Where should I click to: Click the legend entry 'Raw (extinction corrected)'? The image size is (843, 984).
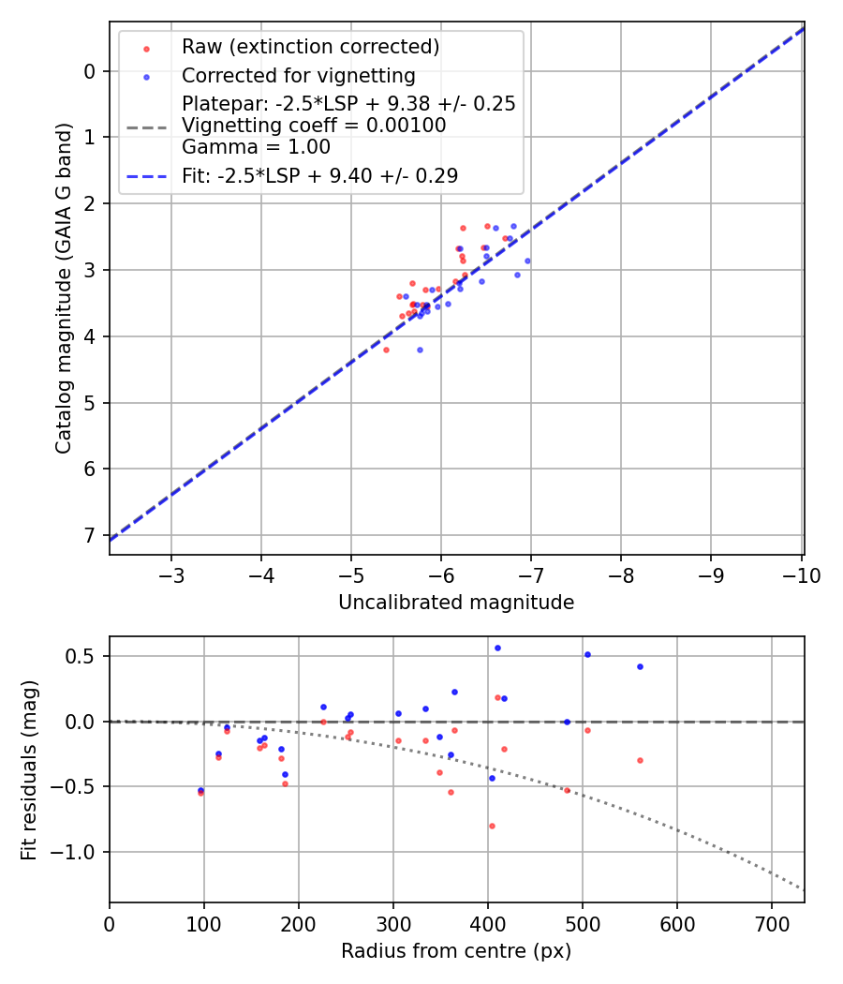pyautogui.click(x=310, y=47)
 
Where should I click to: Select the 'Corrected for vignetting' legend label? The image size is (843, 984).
pyautogui.click(x=298, y=75)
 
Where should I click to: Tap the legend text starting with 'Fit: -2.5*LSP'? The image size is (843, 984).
pyautogui.click(x=319, y=175)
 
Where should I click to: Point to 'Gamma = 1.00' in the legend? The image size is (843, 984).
pyautogui.click(x=256, y=146)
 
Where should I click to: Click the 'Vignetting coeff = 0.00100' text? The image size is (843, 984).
pyautogui.click(x=314, y=125)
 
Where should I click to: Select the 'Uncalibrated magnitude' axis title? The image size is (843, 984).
pyautogui.click(x=456, y=603)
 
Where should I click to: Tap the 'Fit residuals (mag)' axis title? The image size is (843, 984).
pyautogui.click(x=30, y=769)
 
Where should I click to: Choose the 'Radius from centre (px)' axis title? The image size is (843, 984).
pyautogui.click(x=456, y=951)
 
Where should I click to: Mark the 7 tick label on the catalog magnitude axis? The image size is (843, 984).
pyautogui.click(x=90, y=535)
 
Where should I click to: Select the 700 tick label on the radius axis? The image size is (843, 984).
pyautogui.click(x=771, y=924)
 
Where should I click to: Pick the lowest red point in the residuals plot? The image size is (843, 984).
pyautogui.click(x=492, y=826)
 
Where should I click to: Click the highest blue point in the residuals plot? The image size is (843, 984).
pyautogui.click(x=497, y=648)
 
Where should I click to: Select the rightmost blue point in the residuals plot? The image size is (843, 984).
pyautogui.click(x=640, y=666)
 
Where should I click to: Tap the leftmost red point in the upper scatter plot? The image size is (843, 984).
pyautogui.click(x=386, y=350)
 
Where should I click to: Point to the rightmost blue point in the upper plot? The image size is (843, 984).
pyautogui.click(x=527, y=261)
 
